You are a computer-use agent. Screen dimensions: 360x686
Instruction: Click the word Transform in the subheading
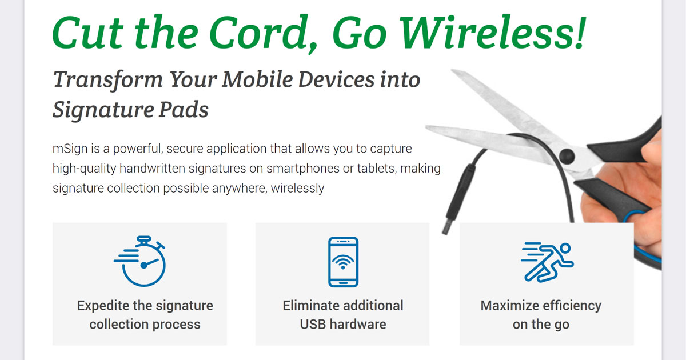pos(106,80)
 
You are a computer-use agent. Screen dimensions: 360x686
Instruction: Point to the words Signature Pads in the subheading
pos(130,110)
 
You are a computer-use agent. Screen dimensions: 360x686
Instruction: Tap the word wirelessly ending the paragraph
pos(297,188)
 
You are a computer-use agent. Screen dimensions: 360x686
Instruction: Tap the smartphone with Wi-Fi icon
pos(343,261)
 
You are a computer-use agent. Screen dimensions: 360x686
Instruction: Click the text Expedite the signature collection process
pos(145,315)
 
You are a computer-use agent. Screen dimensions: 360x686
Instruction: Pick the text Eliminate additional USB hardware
pos(343,315)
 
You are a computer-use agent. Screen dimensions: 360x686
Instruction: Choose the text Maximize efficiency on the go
pos(541,315)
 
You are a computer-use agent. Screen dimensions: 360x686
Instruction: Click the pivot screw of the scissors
pos(566,154)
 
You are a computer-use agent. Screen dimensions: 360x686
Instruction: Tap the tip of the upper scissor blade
pos(455,73)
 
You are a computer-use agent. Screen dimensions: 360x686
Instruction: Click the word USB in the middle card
pos(313,325)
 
